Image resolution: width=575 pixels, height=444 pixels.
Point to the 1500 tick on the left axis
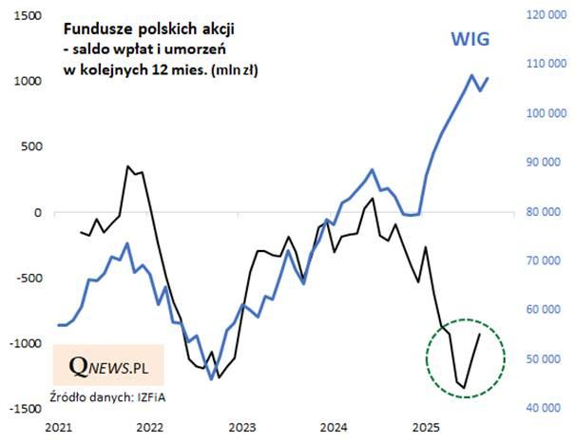26,16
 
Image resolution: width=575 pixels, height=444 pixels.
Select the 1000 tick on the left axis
26,82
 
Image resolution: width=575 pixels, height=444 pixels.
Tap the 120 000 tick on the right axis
543,16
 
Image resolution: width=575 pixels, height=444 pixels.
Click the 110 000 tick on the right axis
543,65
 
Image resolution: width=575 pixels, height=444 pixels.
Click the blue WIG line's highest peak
472,75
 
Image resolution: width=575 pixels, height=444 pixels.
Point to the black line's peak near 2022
128,166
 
